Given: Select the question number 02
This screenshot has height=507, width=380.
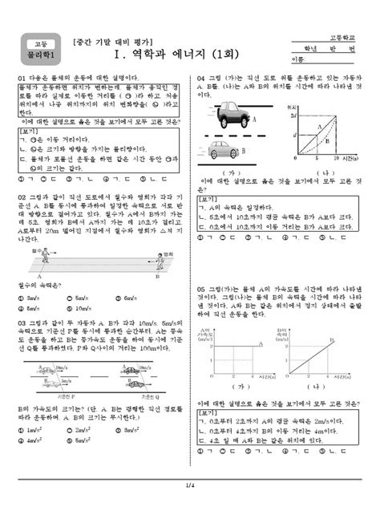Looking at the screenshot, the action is click(21, 195).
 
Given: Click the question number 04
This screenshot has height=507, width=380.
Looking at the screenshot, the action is click(202, 79).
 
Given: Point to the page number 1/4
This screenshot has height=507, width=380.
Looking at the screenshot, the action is click(190, 484).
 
